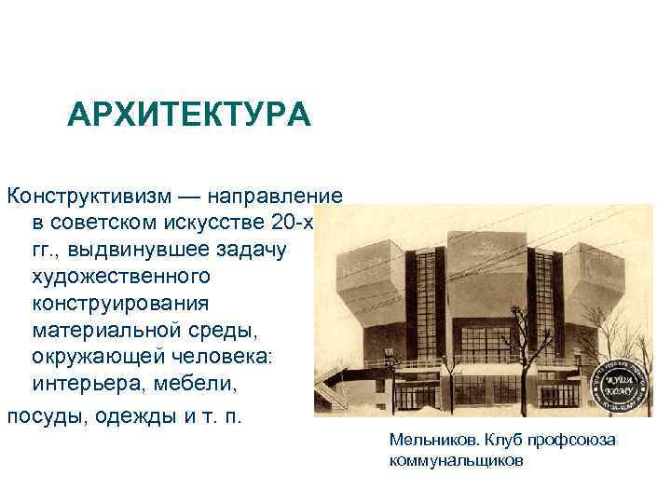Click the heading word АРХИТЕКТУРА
click(189, 116)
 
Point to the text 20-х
click(297, 224)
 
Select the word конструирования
click(121, 305)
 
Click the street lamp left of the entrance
click(390, 373)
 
